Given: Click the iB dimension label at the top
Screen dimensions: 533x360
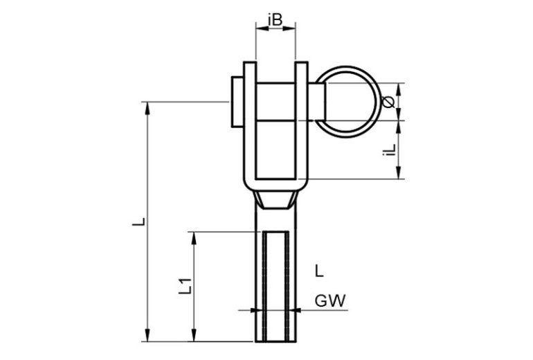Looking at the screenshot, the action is click(275, 20).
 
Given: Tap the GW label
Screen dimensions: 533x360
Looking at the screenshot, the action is click(330, 301).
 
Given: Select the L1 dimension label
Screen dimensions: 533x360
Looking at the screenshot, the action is click(186, 286).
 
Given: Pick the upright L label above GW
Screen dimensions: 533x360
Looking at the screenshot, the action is click(319, 271).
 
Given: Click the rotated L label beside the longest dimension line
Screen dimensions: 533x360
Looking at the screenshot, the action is click(138, 222).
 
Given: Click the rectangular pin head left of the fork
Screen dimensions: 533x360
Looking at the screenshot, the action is click(237, 102).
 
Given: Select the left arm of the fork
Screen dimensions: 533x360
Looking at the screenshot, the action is click(250, 123).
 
